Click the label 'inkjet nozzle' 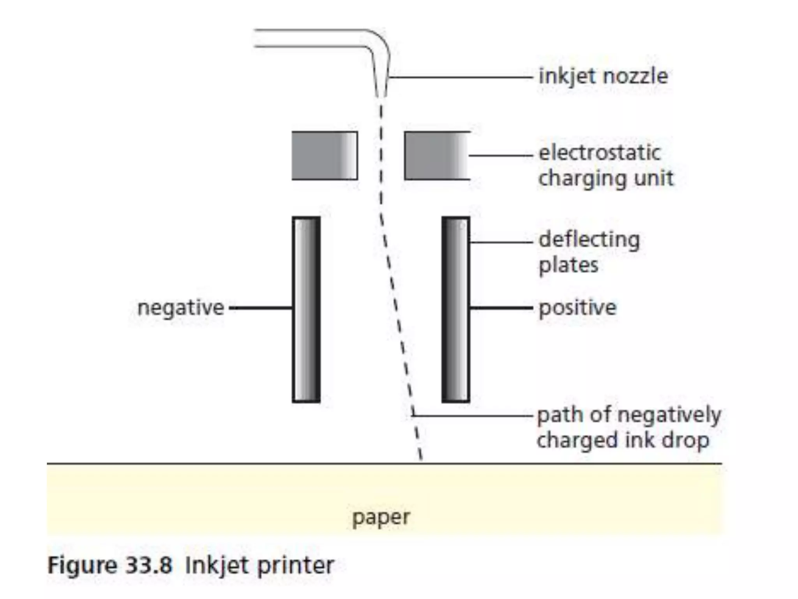click(x=603, y=76)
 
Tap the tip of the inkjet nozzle click(x=381, y=95)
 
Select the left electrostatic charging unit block click(x=325, y=156)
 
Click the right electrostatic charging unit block click(x=436, y=156)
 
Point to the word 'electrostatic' click(x=600, y=152)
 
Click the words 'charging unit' click(x=606, y=178)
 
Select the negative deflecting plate click(x=307, y=309)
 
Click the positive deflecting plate click(x=455, y=309)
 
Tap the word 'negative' click(x=181, y=308)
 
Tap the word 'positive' click(x=577, y=308)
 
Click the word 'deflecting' click(x=589, y=240)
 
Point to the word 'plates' click(x=568, y=266)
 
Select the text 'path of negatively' click(x=629, y=415)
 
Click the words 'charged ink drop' click(x=623, y=441)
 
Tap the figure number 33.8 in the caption click(x=149, y=565)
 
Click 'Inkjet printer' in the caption click(x=260, y=565)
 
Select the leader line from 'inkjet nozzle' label click(x=460, y=78)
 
